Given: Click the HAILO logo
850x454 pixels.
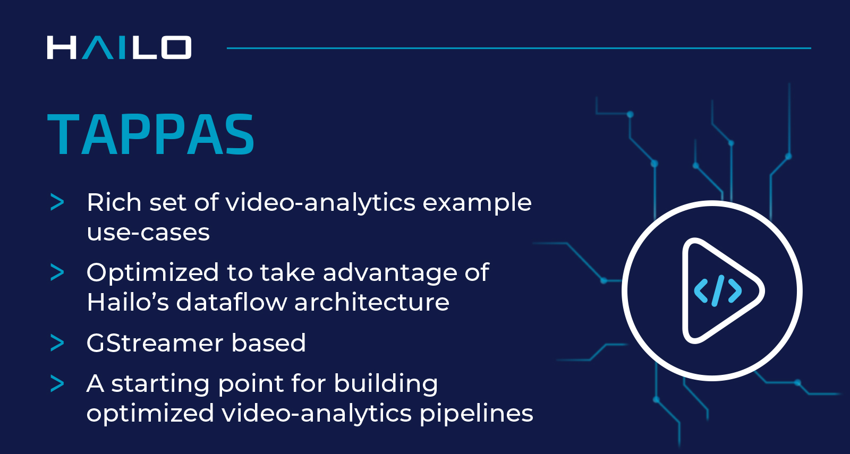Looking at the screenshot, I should (119, 48).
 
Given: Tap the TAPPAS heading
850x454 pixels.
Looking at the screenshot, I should (151, 135).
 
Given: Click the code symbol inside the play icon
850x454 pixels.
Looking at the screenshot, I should (718, 290).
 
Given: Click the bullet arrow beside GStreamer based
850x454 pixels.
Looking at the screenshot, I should (57, 343).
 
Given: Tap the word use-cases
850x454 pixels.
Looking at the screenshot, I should (148, 233).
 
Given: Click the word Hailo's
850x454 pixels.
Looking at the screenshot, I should (127, 302).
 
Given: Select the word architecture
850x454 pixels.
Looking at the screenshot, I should (371, 302).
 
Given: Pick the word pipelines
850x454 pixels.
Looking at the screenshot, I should (476, 414).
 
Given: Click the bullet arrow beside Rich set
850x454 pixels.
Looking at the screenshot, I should (57, 202).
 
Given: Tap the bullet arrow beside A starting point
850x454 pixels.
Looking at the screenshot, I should (57, 383).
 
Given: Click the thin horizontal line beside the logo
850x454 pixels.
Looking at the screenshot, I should (518, 48).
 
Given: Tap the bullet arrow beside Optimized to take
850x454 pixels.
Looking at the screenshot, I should (57, 273).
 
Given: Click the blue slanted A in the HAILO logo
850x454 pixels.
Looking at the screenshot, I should (98, 48).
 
